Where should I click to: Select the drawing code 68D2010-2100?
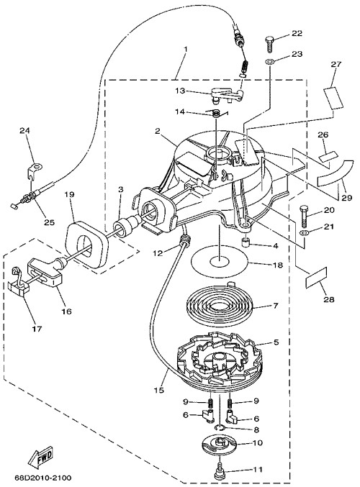pos(43,478)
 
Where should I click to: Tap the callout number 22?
pos(297,33)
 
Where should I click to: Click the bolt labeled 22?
pos(269,44)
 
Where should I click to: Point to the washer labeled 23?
pos(270,61)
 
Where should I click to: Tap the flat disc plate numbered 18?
pos(220,263)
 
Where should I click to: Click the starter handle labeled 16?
pos(45,270)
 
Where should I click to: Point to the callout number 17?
pos(37,328)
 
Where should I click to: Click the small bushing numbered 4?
pos(247,241)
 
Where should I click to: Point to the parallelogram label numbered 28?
pos(317,278)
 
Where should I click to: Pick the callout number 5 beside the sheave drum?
pos(276,342)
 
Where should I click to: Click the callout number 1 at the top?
pos(185,49)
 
